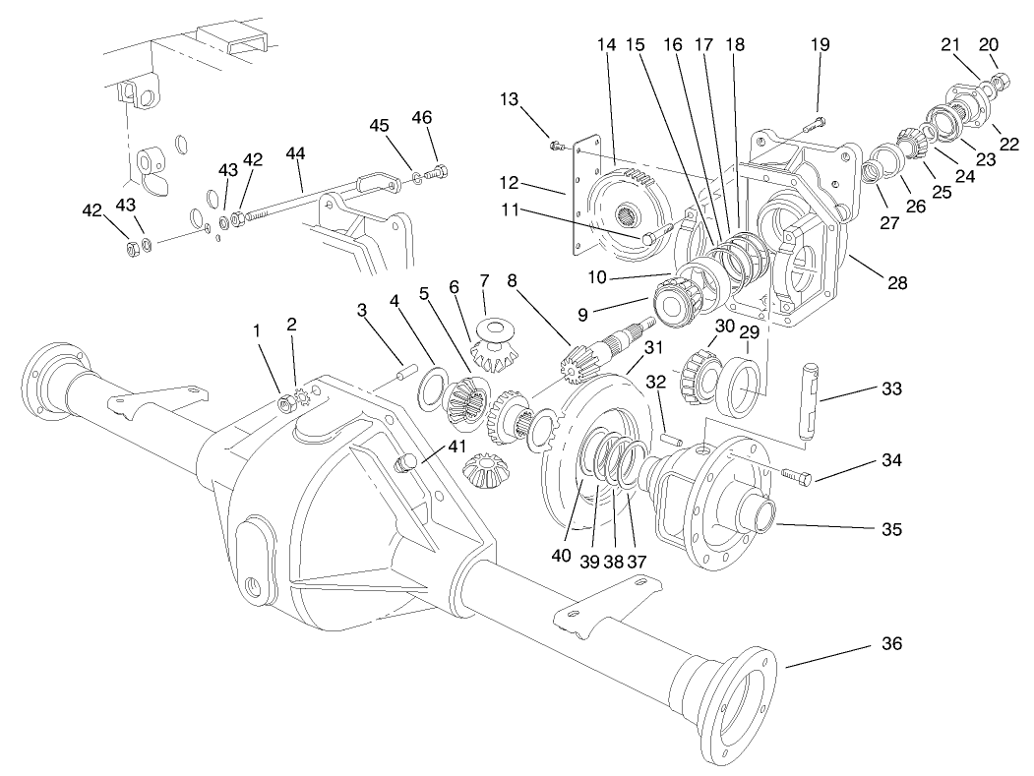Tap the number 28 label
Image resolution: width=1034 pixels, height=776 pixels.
click(895, 282)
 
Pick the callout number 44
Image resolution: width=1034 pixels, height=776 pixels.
click(295, 153)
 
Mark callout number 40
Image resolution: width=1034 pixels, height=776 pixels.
click(562, 556)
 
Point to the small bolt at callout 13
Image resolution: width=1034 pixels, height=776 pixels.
click(556, 146)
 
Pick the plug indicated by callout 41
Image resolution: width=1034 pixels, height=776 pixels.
click(403, 464)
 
